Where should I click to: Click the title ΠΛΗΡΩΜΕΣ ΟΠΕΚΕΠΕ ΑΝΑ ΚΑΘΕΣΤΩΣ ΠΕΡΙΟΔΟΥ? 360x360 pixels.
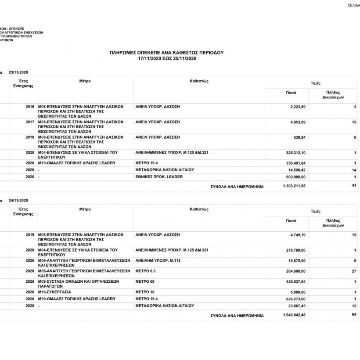pyautogui.click(x=166, y=52)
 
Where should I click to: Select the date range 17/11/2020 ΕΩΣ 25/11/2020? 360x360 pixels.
pyautogui.click(x=166, y=58)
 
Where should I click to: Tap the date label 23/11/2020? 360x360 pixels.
pyautogui.click(x=18, y=72)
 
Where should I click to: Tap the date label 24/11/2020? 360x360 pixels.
pyautogui.click(x=18, y=200)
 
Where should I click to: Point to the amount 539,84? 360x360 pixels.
pyautogui.click(x=299, y=137)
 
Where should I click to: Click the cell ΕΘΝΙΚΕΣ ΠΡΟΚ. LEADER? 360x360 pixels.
pyautogui.click(x=159, y=176)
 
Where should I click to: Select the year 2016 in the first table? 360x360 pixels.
pyautogui.click(x=30, y=107)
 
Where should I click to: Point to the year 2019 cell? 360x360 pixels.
pyautogui.click(x=30, y=235)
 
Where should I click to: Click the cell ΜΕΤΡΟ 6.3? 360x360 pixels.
pyautogui.click(x=145, y=271)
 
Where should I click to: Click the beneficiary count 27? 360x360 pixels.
pyautogui.click(x=353, y=271)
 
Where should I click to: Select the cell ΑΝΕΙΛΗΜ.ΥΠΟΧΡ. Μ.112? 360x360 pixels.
pyautogui.click(x=158, y=261)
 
